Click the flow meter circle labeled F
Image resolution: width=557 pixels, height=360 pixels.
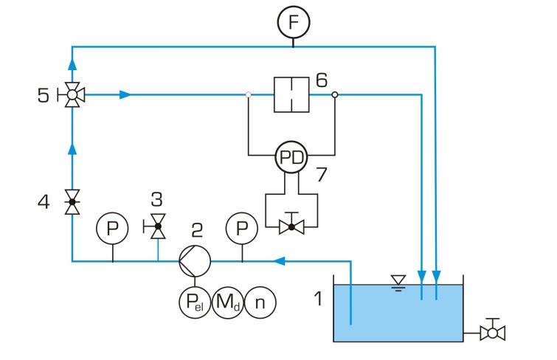tap(294, 22)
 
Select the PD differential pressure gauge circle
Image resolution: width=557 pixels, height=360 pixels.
tap(291, 157)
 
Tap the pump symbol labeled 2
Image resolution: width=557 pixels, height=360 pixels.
tap(195, 261)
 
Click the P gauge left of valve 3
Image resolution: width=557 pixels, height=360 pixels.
tap(112, 228)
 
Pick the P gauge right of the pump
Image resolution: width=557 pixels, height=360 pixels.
tap(242, 228)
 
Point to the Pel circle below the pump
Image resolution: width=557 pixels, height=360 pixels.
tap(195, 302)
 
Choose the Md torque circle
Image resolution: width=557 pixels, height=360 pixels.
tap(228, 302)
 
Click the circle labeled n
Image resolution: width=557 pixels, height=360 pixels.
tap(260, 302)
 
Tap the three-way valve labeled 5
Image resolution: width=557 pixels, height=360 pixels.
tap(72, 94)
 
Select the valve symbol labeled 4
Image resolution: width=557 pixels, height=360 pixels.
tap(72, 202)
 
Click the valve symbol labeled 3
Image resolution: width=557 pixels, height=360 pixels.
tap(157, 226)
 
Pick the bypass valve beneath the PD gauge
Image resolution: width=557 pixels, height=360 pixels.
tap(291, 226)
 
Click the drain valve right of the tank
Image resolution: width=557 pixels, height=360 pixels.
tap(492, 332)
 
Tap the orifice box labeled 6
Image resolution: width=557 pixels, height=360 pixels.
tap(291, 94)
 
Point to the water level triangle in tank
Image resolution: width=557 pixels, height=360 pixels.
tap(398, 280)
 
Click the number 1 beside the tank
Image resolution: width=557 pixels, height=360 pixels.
tap(319, 298)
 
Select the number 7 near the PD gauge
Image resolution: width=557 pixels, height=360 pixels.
tap(321, 174)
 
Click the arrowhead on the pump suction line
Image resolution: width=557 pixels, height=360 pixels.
tap(279, 261)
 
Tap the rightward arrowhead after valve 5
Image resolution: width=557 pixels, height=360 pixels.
tap(125, 94)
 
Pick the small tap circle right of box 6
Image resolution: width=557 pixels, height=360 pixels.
tap(335, 94)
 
